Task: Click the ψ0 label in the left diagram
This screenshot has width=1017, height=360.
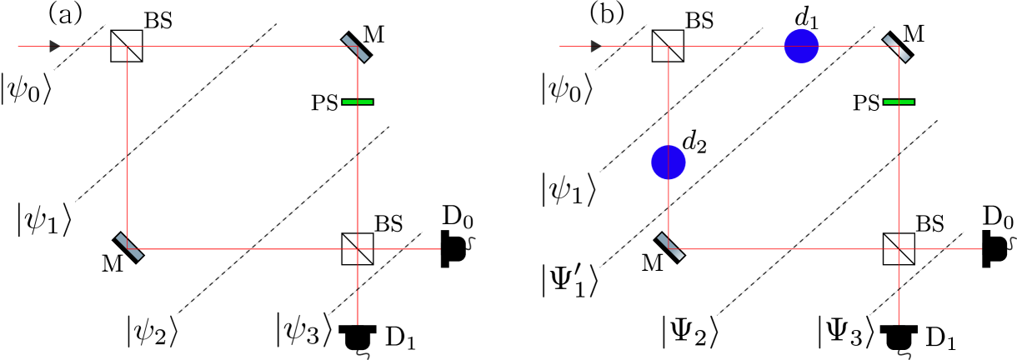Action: click(26, 90)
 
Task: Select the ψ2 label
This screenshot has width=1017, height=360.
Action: click(153, 332)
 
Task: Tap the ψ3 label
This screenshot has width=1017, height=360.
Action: click(304, 329)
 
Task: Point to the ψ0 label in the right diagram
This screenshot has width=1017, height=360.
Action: click(567, 88)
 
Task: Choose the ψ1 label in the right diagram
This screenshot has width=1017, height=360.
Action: click(569, 189)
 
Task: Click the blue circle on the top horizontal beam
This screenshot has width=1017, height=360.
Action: click(801, 46)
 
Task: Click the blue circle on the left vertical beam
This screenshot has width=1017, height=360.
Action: click(669, 162)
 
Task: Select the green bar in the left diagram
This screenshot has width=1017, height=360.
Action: click(358, 102)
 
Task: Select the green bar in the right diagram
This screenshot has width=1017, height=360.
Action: click(899, 102)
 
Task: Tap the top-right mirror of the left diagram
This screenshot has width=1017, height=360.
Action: click(356, 47)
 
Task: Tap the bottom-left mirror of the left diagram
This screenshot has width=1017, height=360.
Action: click(129, 246)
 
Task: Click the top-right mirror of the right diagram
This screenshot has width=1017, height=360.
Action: click(897, 47)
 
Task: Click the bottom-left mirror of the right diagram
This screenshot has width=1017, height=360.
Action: click(670, 246)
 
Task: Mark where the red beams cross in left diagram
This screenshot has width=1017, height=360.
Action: click(357, 248)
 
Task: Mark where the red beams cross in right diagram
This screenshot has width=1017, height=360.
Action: click(899, 248)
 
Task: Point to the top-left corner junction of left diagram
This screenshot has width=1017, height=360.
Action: click(127, 47)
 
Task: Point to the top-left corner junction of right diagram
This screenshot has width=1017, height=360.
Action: click(669, 47)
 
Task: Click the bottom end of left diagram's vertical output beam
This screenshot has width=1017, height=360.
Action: click(357, 322)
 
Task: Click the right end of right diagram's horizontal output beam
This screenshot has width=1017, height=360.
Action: click(981, 248)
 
